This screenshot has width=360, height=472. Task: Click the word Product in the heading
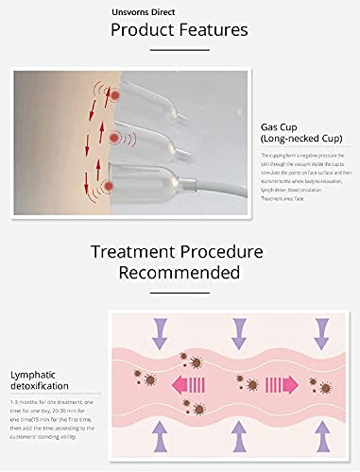143,30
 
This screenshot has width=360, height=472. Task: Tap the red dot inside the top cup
114,96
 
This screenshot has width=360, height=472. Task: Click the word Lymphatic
34,375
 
